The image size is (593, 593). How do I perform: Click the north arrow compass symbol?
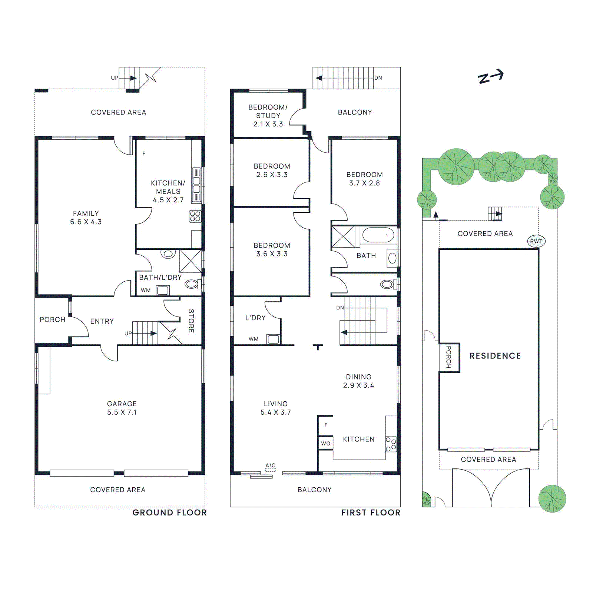pyautogui.click(x=491, y=76)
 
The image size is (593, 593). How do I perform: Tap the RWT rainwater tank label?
pyautogui.click(x=536, y=241)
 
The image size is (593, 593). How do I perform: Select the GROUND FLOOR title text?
pyautogui.click(x=170, y=513)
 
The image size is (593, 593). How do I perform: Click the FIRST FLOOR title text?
pyautogui.click(x=371, y=513)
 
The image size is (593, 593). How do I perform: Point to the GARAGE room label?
pyautogui.click(x=122, y=404)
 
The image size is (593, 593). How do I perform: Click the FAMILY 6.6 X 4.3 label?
pyautogui.click(x=86, y=218)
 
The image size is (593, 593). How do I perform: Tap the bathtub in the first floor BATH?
pyautogui.click(x=378, y=235)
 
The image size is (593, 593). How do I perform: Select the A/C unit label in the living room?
pyautogui.click(x=271, y=466)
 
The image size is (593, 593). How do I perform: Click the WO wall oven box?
pyautogui.click(x=326, y=443)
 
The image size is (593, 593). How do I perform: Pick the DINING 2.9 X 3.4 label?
pyautogui.click(x=359, y=381)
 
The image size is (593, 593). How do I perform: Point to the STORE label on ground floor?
pyautogui.click(x=191, y=321)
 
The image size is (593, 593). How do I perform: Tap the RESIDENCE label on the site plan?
pyautogui.click(x=495, y=356)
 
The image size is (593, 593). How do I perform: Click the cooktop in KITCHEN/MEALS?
pyautogui.click(x=195, y=216)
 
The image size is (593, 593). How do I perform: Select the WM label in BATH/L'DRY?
pyautogui.click(x=146, y=290)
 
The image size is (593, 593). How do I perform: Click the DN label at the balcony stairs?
pyautogui.click(x=378, y=78)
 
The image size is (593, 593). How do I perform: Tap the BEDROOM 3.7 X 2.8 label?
pyautogui.click(x=365, y=179)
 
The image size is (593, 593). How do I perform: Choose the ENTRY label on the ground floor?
pyautogui.click(x=102, y=321)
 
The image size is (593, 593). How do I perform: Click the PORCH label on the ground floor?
pyautogui.click(x=53, y=319)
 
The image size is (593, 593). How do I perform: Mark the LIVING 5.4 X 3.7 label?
pyautogui.click(x=276, y=408)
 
